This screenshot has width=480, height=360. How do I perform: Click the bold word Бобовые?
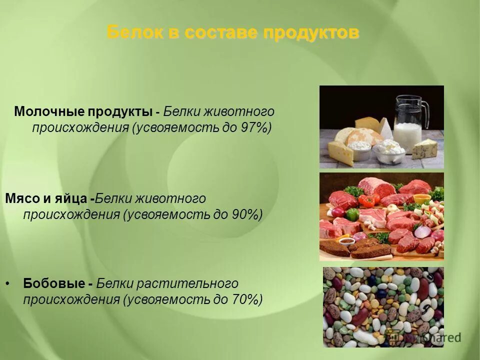pyautogui.click(x=52, y=283)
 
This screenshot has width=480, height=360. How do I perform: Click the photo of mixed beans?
pyautogui.click(x=382, y=306)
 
